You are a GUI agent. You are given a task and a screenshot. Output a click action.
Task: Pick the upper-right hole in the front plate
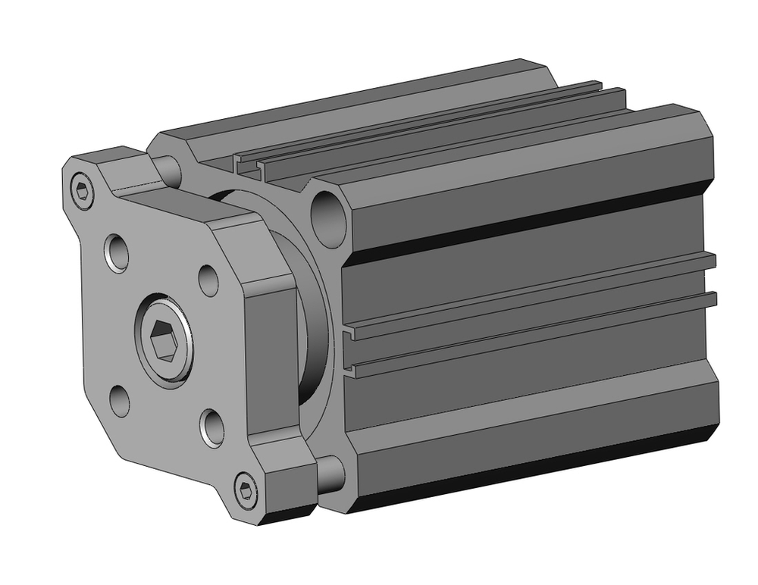(208, 280)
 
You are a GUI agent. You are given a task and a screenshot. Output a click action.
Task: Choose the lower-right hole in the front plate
(212, 427)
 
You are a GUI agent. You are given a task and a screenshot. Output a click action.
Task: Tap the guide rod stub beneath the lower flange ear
(330, 473)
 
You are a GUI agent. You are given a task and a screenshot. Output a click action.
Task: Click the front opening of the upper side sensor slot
(350, 332)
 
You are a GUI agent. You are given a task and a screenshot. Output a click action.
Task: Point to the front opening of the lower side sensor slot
(350, 370)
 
